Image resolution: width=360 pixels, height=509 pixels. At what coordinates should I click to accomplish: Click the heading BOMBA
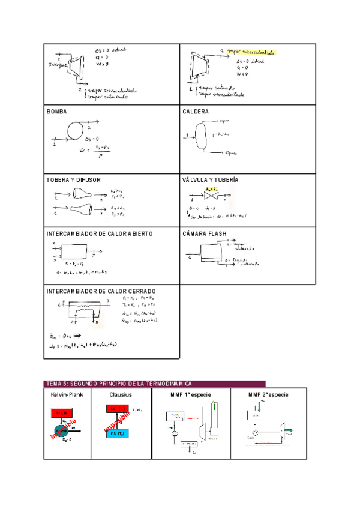point(56,112)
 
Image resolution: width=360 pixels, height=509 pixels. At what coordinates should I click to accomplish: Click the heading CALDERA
point(196,112)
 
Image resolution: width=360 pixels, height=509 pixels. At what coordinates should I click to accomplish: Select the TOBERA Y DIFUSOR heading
point(73,179)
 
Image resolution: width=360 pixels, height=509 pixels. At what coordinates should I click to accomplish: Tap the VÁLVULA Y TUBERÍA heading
point(210,179)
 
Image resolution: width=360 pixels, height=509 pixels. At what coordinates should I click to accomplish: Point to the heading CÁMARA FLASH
point(204,233)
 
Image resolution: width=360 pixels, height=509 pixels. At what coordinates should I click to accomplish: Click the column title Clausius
point(121,394)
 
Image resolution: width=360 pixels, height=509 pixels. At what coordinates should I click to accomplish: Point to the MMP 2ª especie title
point(268,394)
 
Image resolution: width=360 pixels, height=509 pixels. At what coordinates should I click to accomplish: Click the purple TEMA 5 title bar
point(154,384)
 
